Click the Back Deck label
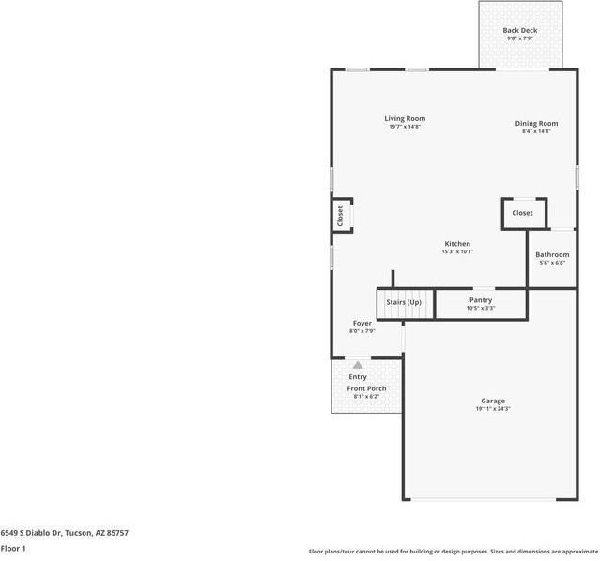click(520, 30)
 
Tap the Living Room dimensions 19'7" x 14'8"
click(405, 127)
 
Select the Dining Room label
click(536, 124)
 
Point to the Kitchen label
click(457, 244)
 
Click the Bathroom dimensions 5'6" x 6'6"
click(552, 263)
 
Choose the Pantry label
click(481, 300)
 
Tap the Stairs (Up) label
click(404, 302)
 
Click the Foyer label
click(362, 324)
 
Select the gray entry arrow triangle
click(358, 364)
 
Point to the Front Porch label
click(366, 388)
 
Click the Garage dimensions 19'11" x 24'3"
click(493, 408)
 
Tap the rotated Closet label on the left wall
click(340, 216)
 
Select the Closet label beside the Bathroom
click(522, 213)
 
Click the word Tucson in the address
click(79, 533)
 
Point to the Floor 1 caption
click(13, 549)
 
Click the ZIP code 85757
click(117, 533)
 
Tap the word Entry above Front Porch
click(358, 377)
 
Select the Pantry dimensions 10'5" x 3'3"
click(481, 308)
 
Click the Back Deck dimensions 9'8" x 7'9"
click(520, 38)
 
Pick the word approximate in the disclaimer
click(582, 552)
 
